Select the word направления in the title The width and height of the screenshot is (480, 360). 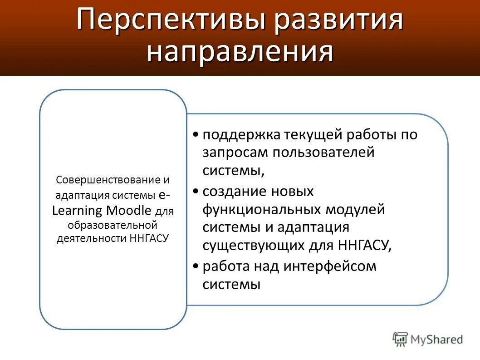point(240,51)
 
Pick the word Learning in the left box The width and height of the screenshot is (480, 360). point(77,210)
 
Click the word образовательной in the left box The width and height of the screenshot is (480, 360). point(113,225)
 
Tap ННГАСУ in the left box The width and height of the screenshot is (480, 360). point(149,238)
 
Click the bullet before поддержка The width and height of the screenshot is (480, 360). point(195,135)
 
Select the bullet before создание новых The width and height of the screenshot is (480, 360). point(195,192)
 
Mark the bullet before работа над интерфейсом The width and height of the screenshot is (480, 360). point(195,266)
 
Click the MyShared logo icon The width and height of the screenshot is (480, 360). point(400,339)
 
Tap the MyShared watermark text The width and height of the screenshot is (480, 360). point(436,339)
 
